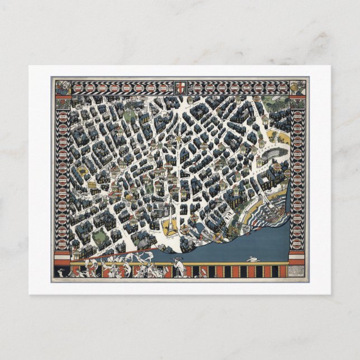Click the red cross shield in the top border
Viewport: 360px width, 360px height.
pos(180,88)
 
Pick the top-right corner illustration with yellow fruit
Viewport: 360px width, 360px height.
pos(298,88)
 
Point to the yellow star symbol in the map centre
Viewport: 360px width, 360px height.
pos(179,138)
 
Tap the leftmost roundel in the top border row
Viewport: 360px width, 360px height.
pos(79,88)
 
